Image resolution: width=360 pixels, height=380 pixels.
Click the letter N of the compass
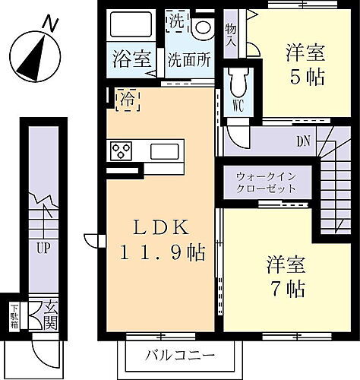(x=49, y=24)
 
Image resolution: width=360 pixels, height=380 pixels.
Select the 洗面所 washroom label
(x=189, y=59)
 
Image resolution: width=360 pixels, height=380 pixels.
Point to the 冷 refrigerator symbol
(x=128, y=98)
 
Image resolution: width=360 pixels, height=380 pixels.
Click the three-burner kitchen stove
(x=121, y=150)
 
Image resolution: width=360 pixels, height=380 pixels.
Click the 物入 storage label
(x=231, y=34)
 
